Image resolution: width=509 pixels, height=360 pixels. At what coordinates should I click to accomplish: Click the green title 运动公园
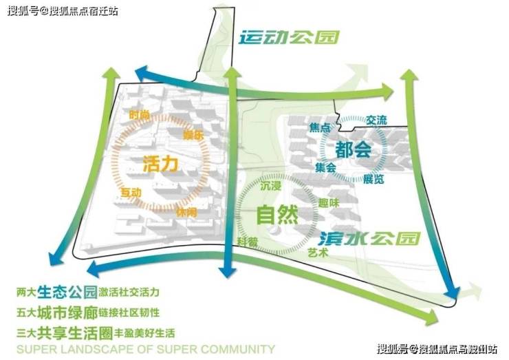(x=289, y=37)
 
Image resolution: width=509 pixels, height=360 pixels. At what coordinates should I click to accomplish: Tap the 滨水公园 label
(x=369, y=238)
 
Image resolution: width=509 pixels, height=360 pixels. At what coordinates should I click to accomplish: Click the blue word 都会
(x=354, y=149)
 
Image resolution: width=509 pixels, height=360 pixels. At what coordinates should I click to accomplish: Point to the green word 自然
(x=277, y=215)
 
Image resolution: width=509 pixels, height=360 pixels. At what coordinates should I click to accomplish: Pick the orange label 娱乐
(x=194, y=136)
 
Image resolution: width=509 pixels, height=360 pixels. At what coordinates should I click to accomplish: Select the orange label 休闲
(x=186, y=212)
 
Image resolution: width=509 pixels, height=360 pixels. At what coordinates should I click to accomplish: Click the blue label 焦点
(x=320, y=128)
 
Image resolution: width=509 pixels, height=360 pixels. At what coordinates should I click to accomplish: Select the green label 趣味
(x=329, y=203)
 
